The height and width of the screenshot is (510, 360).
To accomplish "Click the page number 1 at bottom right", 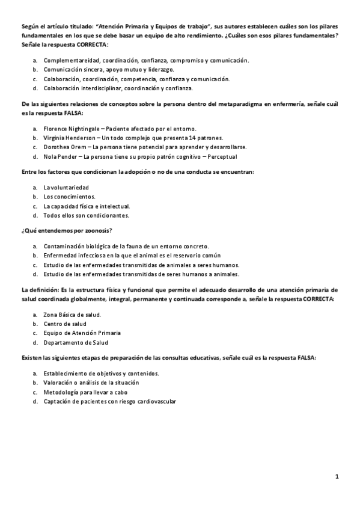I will pyautogui.click(x=337, y=476).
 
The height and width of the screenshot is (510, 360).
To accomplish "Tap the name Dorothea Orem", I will pyautogui.click(x=63, y=147).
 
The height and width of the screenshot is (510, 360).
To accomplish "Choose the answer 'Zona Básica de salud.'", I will pyautogui.click(x=72, y=314).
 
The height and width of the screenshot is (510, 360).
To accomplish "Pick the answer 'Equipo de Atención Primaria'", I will pyautogui.click(x=82, y=333).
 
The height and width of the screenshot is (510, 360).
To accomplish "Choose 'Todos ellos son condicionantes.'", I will pyautogui.click(x=86, y=215).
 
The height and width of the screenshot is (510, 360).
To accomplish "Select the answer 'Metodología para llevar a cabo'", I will pyautogui.click(x=85, y=392).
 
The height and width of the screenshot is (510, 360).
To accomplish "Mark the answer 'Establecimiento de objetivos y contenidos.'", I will pyautogui.click(x=101, y=373).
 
